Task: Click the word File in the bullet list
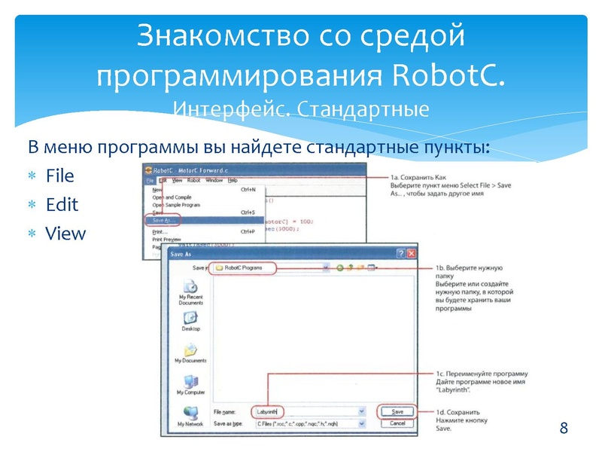tap(59, 176)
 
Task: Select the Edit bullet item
tap(62, 205)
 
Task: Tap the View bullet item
tap(65, 234)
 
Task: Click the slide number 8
tap(564, 429)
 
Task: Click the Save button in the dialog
tap(398, 412)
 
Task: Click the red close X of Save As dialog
tap(412, 255)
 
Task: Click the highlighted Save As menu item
tap(162, 220)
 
